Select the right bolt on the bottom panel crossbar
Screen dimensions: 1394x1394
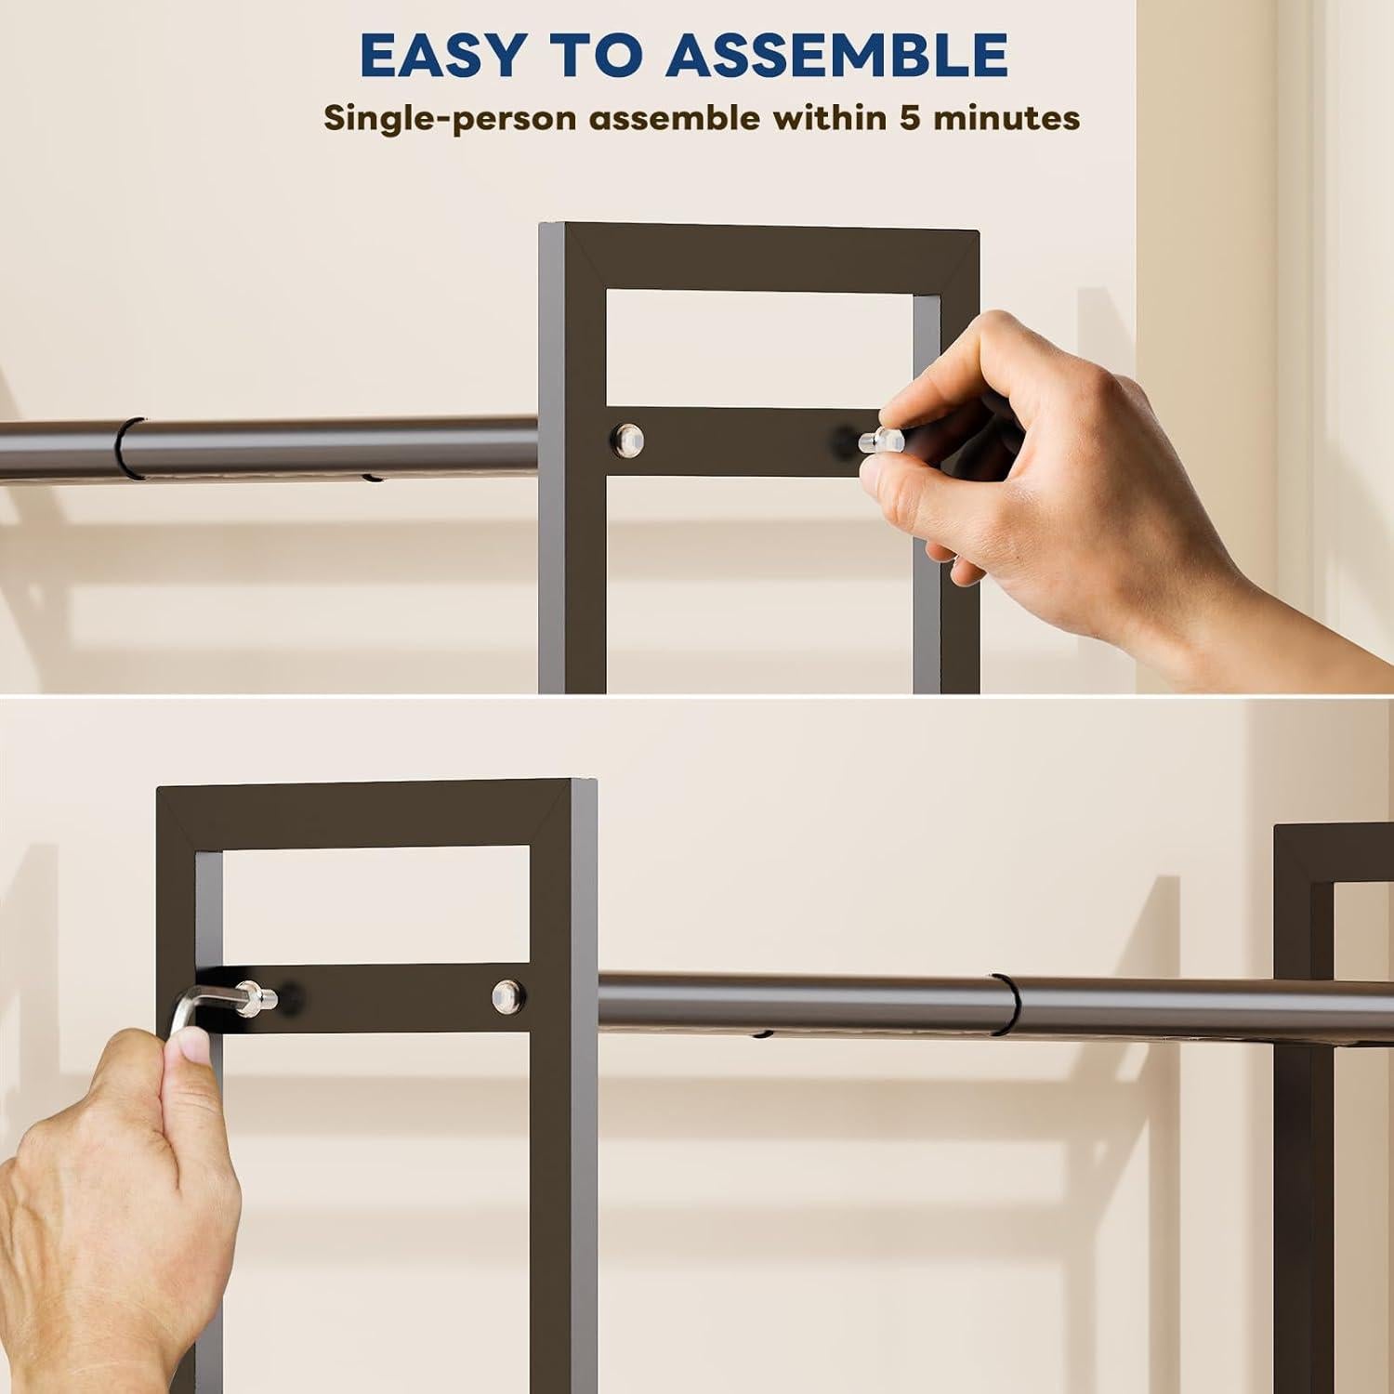(506, 993)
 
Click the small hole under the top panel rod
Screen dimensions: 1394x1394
(372, 480)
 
